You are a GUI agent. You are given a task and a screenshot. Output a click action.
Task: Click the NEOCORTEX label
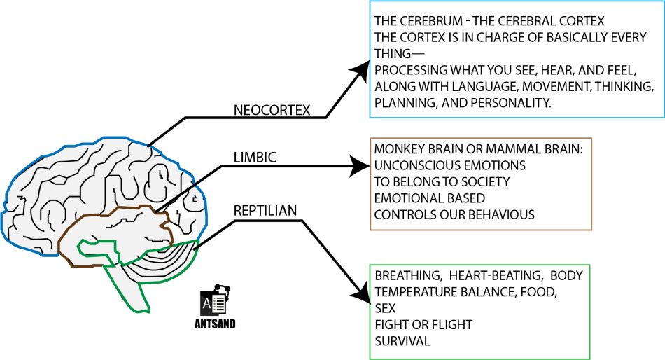point(272,110)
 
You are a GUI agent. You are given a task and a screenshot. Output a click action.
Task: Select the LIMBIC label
point(255,158)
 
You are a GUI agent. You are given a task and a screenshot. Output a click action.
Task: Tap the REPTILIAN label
point(265,210)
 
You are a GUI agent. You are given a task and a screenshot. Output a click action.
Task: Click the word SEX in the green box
point(385,308)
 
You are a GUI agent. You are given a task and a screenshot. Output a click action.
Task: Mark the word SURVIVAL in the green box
point(402,341)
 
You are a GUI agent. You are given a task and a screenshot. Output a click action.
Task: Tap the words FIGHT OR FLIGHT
point(423,325)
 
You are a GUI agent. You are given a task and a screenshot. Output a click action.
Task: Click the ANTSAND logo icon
point(215,301)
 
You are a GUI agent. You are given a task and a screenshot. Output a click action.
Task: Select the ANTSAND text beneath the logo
point(215,324)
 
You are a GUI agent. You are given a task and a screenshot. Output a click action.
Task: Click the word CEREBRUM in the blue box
point(429,21)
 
